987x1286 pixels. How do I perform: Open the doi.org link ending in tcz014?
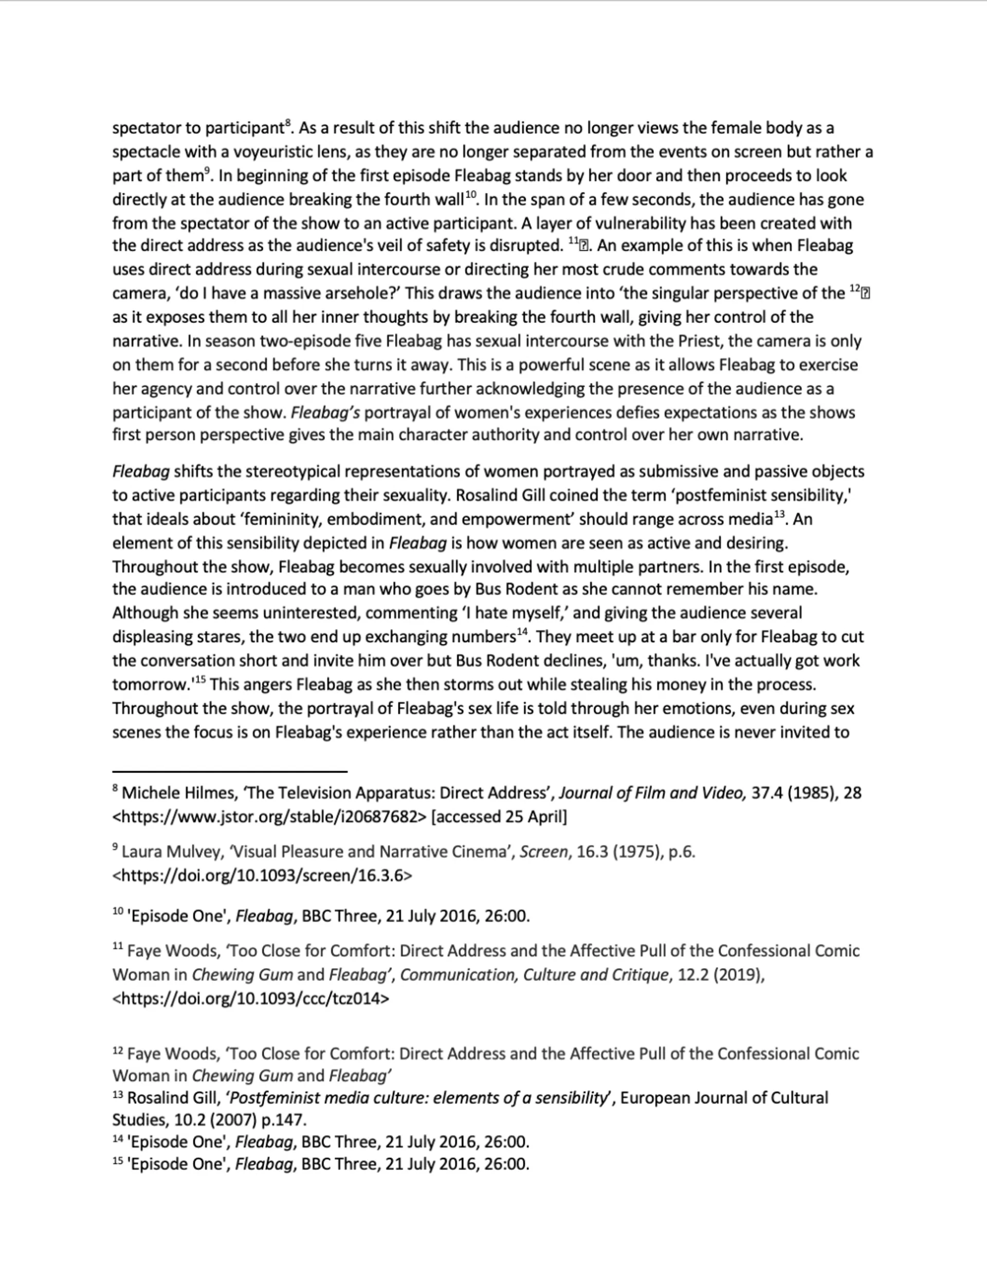tap(250, 998)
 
